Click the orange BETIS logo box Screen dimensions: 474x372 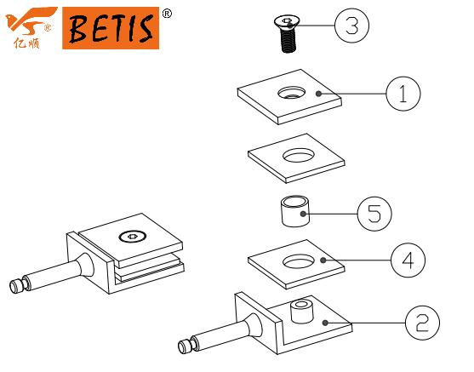coord(111,28)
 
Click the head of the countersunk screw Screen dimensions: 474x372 coord(287,23)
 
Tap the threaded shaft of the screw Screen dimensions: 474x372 coord(288,41)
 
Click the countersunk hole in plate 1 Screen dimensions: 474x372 coord(291,93)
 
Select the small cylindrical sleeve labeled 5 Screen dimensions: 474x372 coord(295,211)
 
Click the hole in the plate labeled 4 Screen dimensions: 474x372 coord(299,261)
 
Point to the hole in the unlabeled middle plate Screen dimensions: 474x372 coord(299,155)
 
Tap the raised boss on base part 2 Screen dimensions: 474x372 coord(301,312)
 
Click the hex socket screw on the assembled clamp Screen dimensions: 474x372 coord(133,237)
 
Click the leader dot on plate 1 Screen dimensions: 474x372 coord(318,94)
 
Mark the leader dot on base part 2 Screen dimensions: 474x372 coord(325,323)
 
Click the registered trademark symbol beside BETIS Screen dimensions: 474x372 coord(167,14)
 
